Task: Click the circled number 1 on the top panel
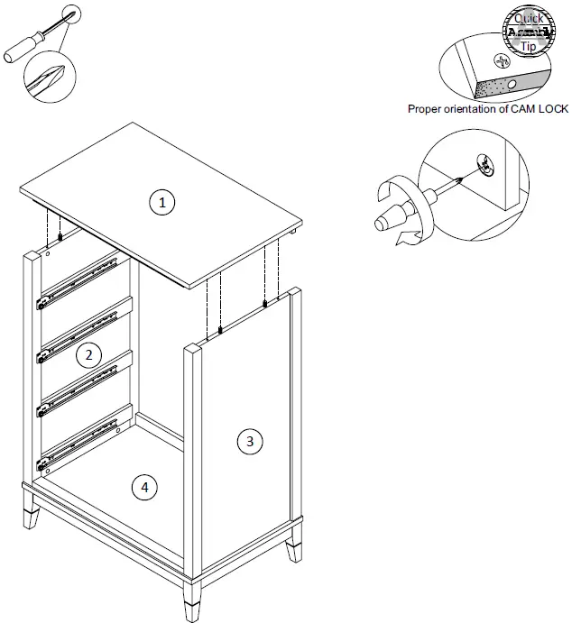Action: [162, 202]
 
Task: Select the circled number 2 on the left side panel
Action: [88, 354]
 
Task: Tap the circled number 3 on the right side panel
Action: [250, 441]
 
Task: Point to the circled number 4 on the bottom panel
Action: [141, 488]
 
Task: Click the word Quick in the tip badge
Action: [529, 17]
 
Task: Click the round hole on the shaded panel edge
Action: [512, 84]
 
